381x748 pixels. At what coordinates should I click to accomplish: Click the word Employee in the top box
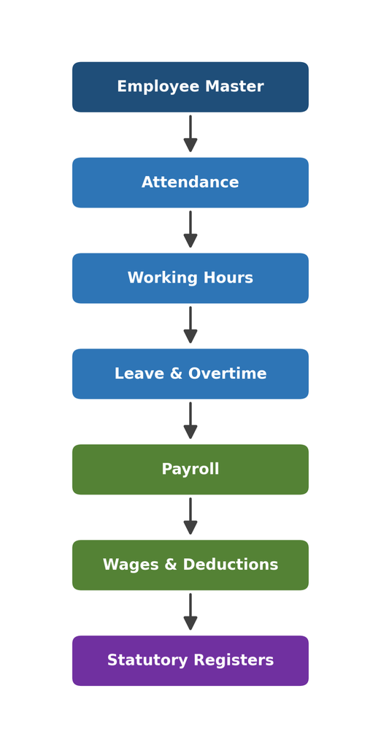click(159, 88)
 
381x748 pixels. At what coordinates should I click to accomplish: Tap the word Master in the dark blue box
click(234, 87)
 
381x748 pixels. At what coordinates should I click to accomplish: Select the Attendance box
click(190, 183)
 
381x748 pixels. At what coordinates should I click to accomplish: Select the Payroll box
click(190, 470)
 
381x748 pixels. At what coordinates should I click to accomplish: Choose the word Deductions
click(231, 565)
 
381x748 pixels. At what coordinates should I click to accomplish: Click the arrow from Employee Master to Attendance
click(190, 134)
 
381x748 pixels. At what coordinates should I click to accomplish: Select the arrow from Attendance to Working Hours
click(190, 229)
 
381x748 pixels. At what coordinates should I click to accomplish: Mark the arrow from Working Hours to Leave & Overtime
click(190, 325)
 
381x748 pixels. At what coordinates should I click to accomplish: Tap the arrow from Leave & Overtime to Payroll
click(190, 420)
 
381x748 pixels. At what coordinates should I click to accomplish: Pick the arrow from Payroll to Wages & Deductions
click(190, 516)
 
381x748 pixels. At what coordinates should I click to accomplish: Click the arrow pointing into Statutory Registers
click(190, 611)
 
